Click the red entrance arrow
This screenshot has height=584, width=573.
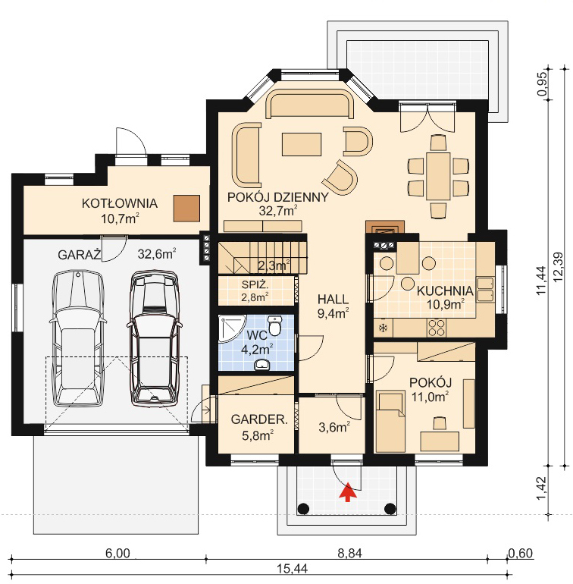pyautogui.click(x=347, y=492)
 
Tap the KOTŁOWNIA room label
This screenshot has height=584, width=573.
pyautogui.click(x=120, y=203)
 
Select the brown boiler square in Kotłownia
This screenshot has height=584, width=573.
pyautogui.click(x=186, y=209)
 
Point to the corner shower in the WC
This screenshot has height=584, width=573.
pyautogui.click(x=231, y=328)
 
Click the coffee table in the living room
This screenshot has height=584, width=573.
pyautogui.click(x=302, y=144)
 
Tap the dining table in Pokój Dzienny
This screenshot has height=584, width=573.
pyautogui.click(x=438, y=176)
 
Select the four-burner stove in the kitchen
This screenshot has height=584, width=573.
pyautogui.click(x=436, y=328)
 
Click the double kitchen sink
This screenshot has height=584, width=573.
pyautogui.click(x=486, y=289)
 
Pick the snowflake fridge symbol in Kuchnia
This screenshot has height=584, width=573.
pyautogui.click(x=383, y=328)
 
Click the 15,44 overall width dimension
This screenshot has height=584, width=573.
pyautogui.click(x=292, y=569)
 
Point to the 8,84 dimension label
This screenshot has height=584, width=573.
pyautogui.click(x=349, y=554)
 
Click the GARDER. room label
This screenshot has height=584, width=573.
pyautogui.click(x=259, y=419)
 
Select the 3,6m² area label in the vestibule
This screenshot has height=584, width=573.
pyautogui.click(x=334, y=427)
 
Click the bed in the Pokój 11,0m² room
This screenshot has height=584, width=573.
pyautogui.click(x=390, y=421)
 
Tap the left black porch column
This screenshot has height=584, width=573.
pyautogui.click(x=303, y=508)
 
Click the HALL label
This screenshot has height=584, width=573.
pyautogui.click(x=333, y=299)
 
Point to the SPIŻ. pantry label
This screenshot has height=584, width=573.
pyautogui.click(x=255, y=285)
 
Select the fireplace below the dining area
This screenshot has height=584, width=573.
pyautogui.click(x=385, y=227)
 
